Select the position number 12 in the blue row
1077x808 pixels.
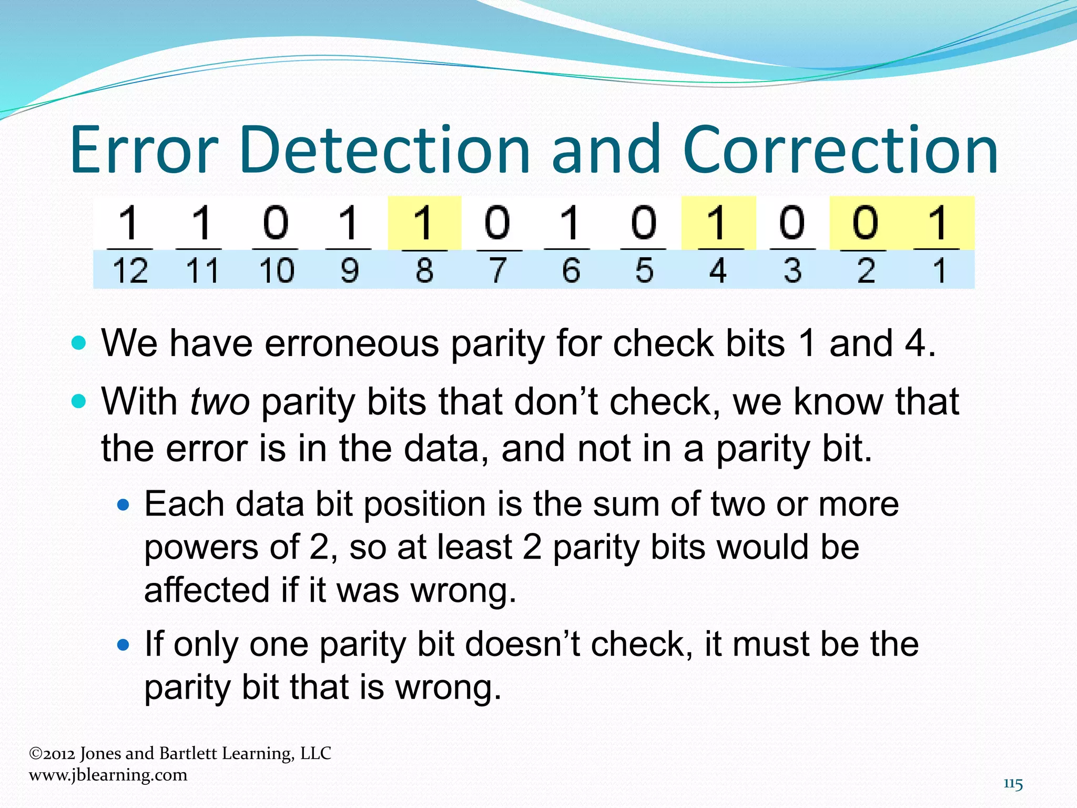[130, 271]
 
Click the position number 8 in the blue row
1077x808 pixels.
[424, 271]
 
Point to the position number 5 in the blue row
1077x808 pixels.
[644, 271]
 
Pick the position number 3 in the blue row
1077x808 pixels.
[792, 271]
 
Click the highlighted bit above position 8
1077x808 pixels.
[424, 223]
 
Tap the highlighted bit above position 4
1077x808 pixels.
[718, 223]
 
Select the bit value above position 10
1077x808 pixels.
[276, 223]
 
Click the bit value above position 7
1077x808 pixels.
[497, 223]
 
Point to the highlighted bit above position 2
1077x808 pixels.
[865, 223]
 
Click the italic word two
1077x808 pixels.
[220, 402]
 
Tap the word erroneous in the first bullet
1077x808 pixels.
[351, 344]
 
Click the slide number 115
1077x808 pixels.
[1013, 784]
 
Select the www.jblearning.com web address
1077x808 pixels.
[108, 775]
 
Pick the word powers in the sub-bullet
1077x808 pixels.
[201, 548]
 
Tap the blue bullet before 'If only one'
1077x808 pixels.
[124, 645]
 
